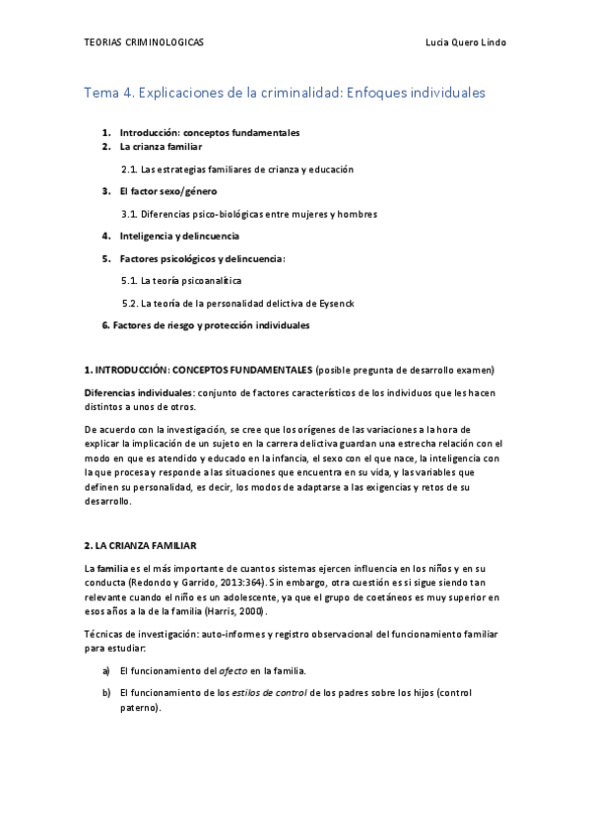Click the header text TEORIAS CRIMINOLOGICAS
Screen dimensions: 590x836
pos(144,42)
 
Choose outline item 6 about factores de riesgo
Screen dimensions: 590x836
pos(206,324)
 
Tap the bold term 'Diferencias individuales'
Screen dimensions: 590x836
pos(138,392)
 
